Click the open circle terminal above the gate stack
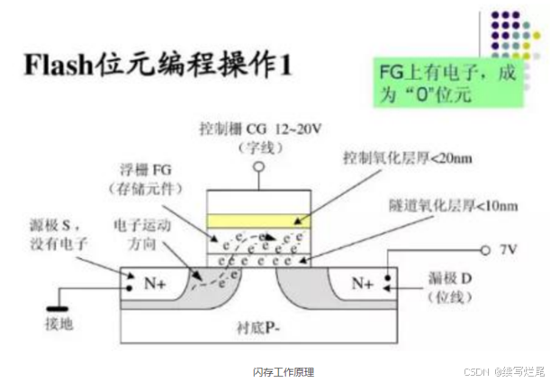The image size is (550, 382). pyautogui.click(x=259, y=167)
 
